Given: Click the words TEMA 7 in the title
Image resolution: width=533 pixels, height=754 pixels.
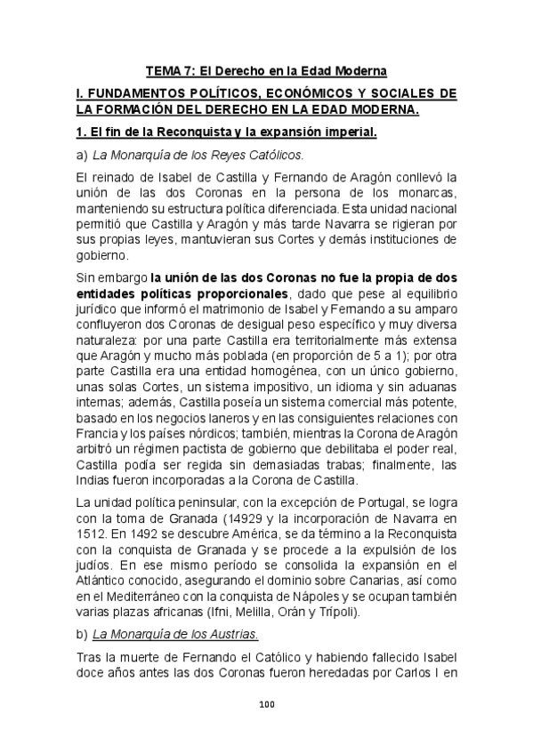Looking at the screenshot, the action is click(x=168, y=70).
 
